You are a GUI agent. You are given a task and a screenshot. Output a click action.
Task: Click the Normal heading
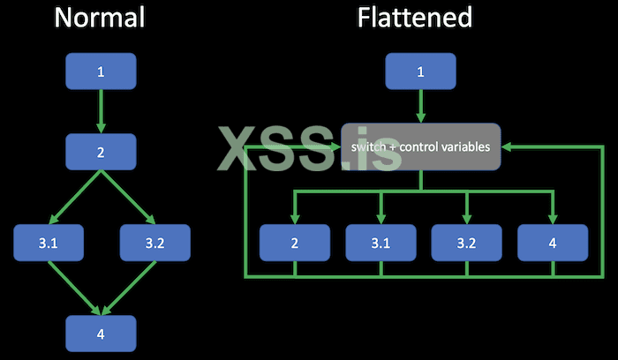tap(101, 18)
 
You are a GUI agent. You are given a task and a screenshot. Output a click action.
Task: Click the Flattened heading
tap(414, 18)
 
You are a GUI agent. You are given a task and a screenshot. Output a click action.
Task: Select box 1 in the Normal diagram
tap(101, 71)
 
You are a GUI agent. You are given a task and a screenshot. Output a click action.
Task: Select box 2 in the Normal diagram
tap(101, 152)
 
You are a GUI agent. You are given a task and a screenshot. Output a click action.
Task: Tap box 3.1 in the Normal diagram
tap(49, 243)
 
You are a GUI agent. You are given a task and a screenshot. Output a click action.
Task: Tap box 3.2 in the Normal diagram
tap(154, 243)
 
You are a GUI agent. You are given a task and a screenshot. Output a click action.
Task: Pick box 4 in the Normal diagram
tap(101, 333)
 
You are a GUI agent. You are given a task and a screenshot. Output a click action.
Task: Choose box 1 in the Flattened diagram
tap(421, 71)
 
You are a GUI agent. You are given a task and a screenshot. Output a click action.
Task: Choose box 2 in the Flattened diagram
tap(295, 243)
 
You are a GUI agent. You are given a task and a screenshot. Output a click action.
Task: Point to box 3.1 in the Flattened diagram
tap(381, 243)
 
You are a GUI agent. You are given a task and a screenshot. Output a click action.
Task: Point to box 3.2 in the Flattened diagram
tap(466, 243)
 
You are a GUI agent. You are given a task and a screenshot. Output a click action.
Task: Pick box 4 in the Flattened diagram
tap(552, 243)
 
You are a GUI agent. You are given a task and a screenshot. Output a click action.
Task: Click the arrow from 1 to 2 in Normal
tap(101, 111)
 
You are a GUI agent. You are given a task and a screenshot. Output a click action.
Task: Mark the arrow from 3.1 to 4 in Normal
tap(74, 288)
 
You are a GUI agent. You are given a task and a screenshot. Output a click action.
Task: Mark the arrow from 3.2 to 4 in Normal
tap(128, 288)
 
